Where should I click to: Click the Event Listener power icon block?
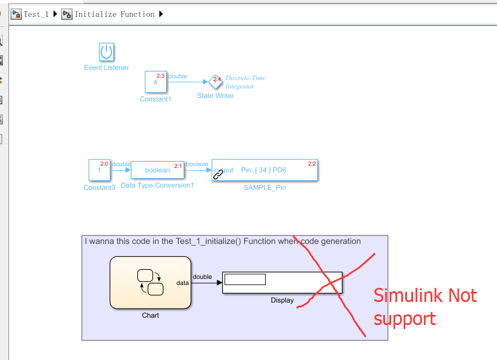coord(106,52)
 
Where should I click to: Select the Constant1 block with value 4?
coord(156,82)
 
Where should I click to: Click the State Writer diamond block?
coord(216,82)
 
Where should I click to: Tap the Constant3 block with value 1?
coord(99,170)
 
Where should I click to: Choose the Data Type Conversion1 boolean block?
coord(158,170)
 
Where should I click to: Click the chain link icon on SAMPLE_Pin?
coord(218,175)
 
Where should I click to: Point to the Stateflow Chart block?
coord(150,283)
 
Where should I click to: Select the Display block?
coord(283,283)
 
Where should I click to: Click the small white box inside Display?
coord(245,279)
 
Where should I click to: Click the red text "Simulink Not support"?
coord(425,306)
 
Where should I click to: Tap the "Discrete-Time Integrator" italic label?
coord(245,82)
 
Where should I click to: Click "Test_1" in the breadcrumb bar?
coord(36,14)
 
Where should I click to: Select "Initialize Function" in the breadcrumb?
coord(114,14)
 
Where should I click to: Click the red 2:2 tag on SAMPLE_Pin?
coord(312,164)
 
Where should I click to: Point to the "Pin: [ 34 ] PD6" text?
coord(264,170)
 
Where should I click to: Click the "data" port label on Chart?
coord(182,283)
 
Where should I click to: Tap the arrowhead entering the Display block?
coord(220,283)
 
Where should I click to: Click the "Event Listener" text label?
coord(106,68)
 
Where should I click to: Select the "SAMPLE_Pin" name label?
coord(265,188)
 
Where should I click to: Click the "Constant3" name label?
coord(99,188)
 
